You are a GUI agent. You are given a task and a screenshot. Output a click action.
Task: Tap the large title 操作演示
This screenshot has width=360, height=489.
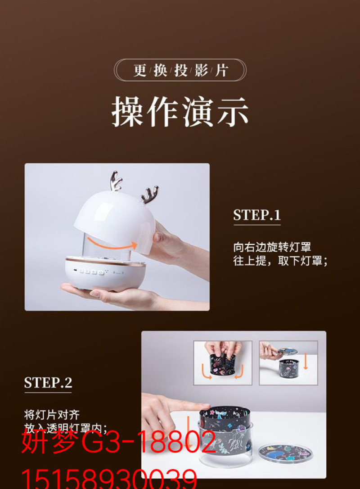point(180,112)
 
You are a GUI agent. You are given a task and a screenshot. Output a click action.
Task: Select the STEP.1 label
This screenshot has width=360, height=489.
point(257,215)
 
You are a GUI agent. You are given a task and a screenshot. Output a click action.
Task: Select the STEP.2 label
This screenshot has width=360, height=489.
point(48,383)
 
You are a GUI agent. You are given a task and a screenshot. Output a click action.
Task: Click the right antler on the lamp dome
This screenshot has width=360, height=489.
point(149,194)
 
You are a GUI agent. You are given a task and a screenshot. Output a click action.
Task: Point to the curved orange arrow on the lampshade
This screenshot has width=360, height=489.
point(112,244)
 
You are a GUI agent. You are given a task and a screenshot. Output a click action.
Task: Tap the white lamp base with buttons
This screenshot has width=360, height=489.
point(105,273)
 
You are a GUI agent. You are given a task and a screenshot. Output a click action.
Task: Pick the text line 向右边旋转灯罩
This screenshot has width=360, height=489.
point(272,247)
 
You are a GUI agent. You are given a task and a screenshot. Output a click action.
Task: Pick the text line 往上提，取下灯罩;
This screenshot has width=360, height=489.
point(280,261)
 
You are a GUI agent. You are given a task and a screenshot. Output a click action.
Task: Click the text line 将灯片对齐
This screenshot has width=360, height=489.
point(52,415)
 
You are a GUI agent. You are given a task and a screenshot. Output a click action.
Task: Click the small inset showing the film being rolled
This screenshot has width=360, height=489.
point(223,363)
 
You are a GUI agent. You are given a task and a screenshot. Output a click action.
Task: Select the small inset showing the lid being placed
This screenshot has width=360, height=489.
point(288,363)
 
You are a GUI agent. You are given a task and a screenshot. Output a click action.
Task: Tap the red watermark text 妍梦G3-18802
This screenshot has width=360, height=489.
point(119,442)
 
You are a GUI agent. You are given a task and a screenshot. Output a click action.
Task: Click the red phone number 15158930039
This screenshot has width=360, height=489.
point(109,479)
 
